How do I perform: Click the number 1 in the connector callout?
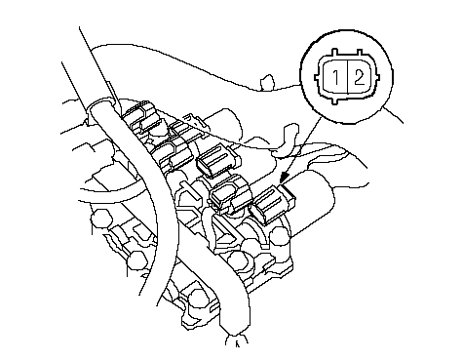tap(336, 77)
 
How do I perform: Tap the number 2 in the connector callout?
tap(359, 77)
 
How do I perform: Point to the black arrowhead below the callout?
tap(285, 178)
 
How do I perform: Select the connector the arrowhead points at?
tap(273, 204)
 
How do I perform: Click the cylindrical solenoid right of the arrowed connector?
tap(313, 203)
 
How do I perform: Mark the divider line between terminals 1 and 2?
tap(348, 77)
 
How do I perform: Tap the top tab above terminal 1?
tap(335, 53)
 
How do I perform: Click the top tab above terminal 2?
tap(359, 53)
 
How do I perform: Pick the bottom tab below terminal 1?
tap(335, 100)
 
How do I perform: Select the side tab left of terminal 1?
tap(317, 78)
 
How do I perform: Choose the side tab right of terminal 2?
tap(377, 78)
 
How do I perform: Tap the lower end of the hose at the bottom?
tap(236, 339)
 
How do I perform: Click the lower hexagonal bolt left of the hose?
tap(136, 260)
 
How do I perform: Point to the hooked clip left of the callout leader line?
tap(286, 140)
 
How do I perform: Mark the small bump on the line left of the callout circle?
tap(267, 82)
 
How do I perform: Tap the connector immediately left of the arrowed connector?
tap(231, 195)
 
